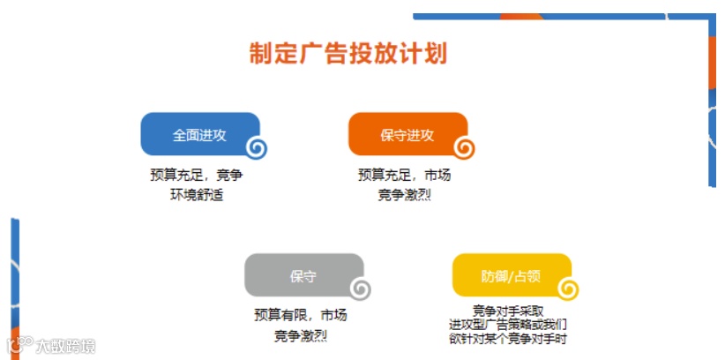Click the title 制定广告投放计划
pos(348,53)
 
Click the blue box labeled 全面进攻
pos(198,134)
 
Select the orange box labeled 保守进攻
pos(407,134)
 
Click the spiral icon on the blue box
pos(256,148)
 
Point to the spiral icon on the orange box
pos(464,148)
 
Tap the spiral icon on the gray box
pos(360,289)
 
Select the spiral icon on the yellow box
pos(568,289)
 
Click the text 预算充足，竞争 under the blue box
pos(196,176)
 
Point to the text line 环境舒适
pos(196,195)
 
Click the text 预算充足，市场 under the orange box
pos(404,176)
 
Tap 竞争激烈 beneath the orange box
pos(404,195)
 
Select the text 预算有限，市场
pos(300,316)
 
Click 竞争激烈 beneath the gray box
pos(300,336)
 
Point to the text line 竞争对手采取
pos(507,311)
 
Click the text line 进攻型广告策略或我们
pos(507,325)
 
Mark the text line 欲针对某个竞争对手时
pos(507,339)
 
